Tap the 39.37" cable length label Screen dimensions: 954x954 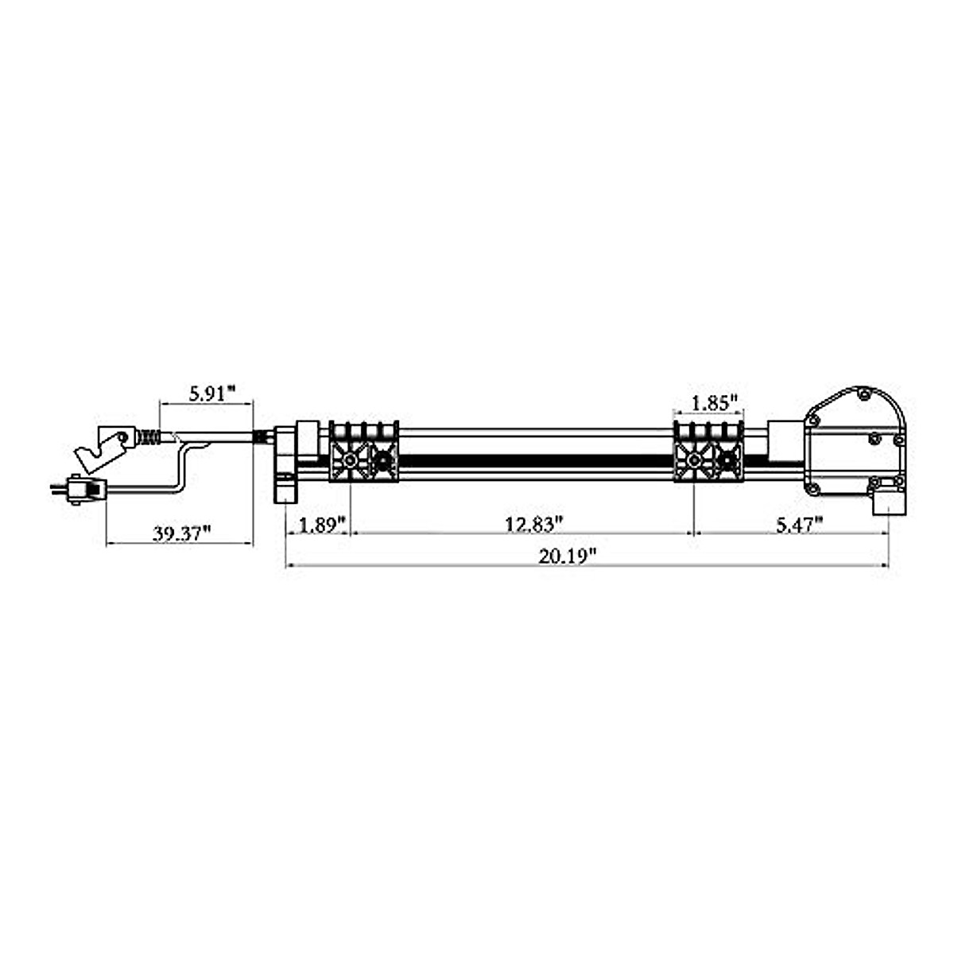point(180,533)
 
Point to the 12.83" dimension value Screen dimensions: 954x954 point(534,524)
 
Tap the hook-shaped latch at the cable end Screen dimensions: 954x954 point(102,446)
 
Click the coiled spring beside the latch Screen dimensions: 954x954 point(149,436)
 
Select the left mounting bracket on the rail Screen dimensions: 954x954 point(364,452)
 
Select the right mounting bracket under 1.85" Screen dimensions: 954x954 point(708,452)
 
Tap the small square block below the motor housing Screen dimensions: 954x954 point(888,502)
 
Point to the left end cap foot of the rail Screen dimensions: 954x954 point(285,488)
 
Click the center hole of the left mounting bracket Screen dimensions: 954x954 point(350,461)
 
